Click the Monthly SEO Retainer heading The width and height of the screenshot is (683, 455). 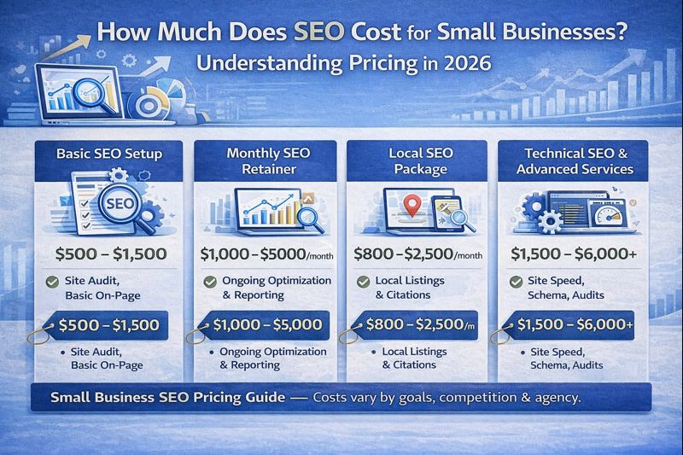(262, 160)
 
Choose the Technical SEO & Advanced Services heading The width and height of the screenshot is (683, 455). (578, 160)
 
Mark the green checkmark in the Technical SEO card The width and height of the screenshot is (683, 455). (516, 282)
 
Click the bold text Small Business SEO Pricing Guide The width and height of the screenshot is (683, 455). (163, 397)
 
